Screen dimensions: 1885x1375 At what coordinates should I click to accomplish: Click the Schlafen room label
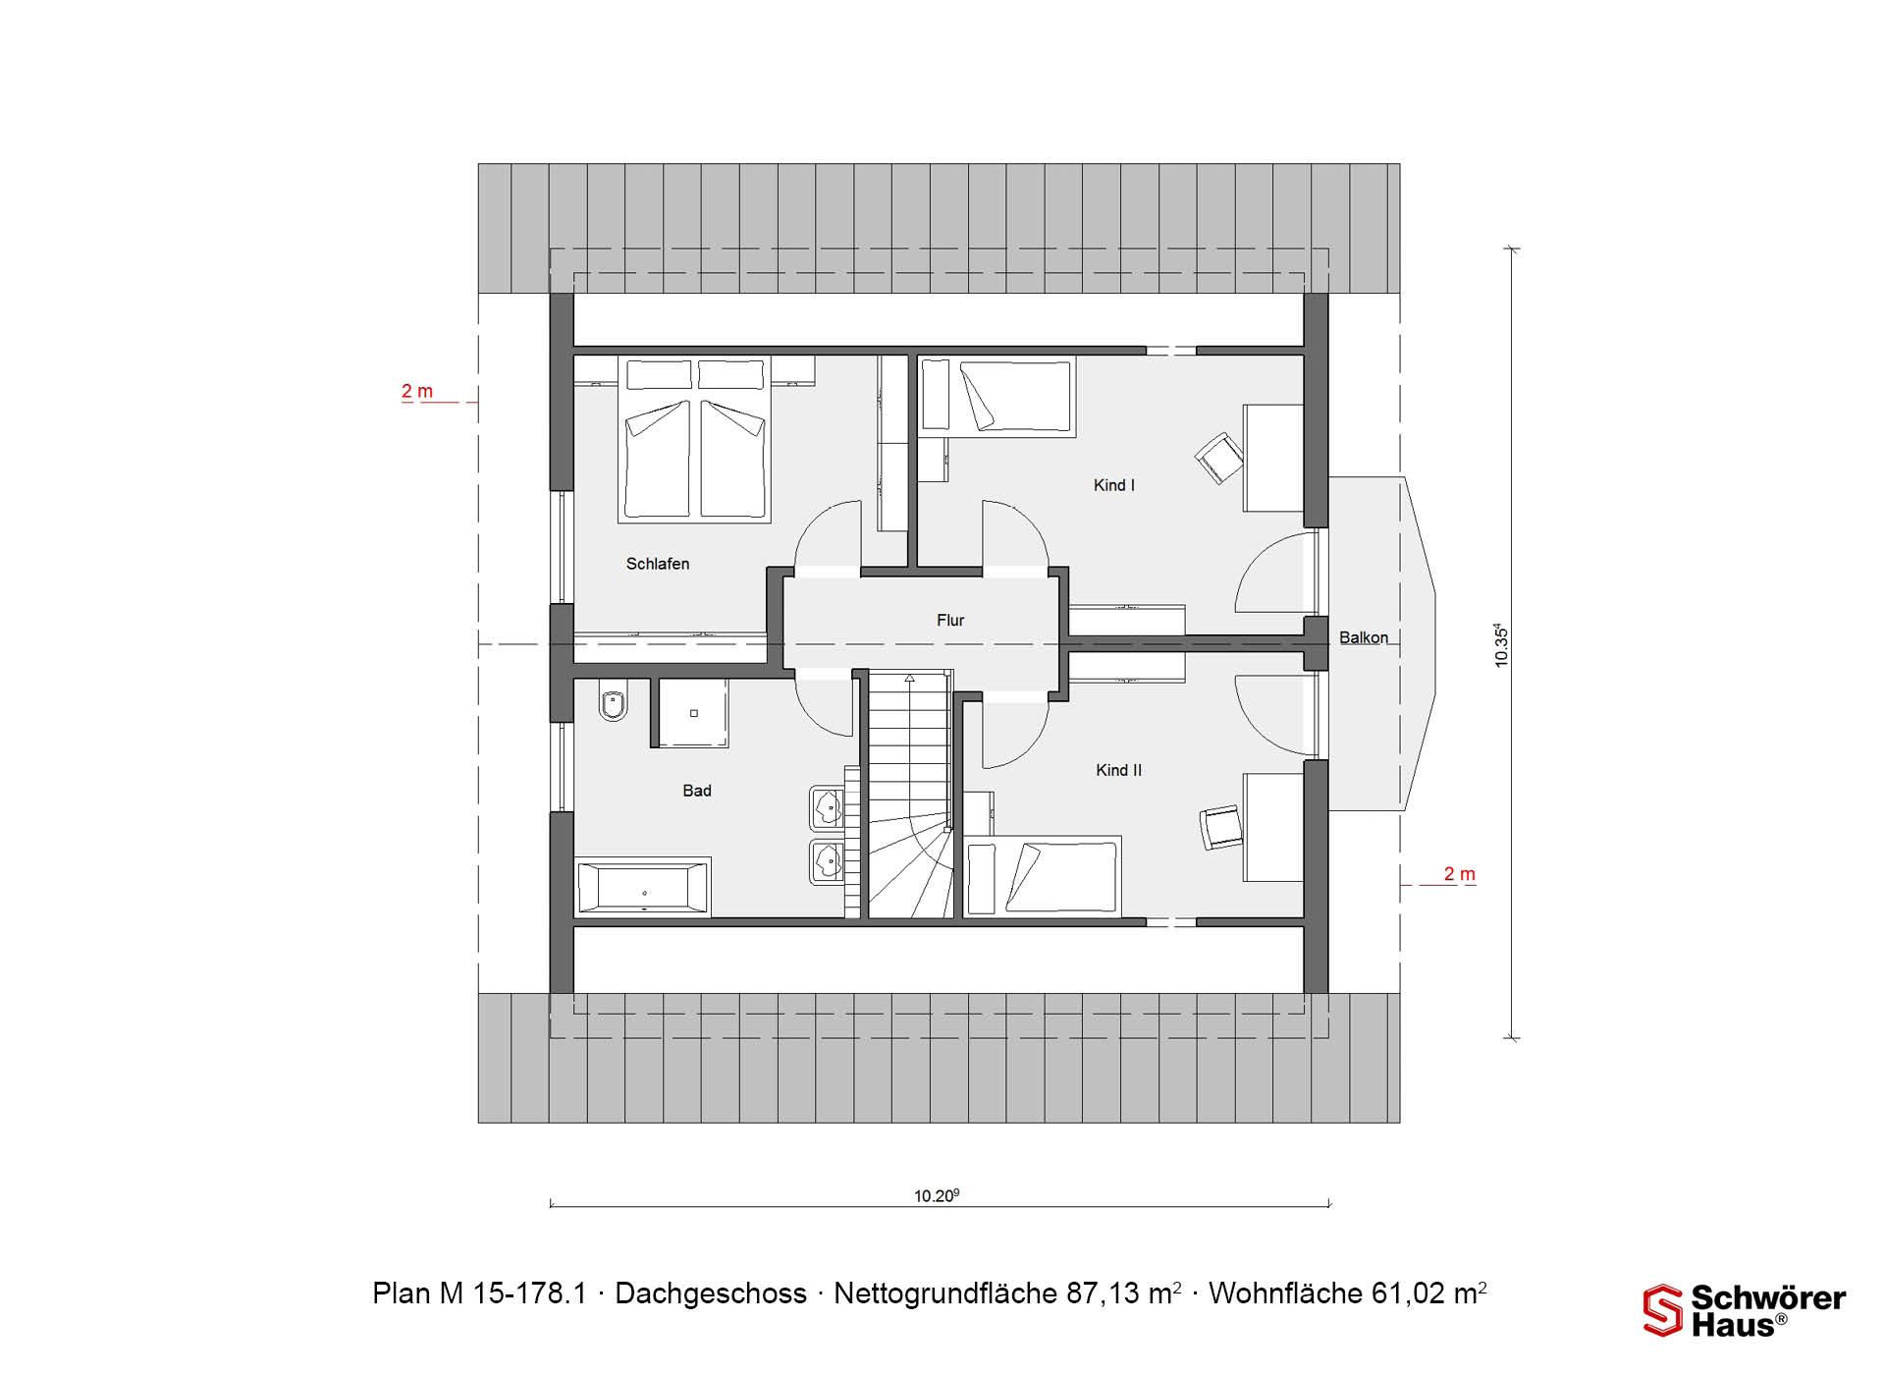click(x=658, y=564)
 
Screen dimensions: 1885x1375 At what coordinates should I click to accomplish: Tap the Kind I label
click(x=1114, y=485)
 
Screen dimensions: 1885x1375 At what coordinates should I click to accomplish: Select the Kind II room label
click(x=1119, y=771)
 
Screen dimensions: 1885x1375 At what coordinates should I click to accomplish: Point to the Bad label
click(x=697, y=791)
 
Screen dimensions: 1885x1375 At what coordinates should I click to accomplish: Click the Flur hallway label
click(x=950, y=621)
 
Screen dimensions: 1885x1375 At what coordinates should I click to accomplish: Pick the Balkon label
click(x=1364, y=638)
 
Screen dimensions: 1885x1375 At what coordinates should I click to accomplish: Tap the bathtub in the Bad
click(x=644, y=888)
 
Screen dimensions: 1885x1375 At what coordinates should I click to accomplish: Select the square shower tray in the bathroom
click(x=693, y=713)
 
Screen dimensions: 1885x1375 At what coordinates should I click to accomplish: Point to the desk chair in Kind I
click(x=1219, y=458)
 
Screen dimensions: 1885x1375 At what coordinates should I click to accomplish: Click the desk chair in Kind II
click(x=1220, y=828)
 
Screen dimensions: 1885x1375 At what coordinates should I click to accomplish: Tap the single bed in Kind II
click(x=1042, y=877)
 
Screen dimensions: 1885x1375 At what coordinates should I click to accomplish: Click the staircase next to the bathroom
click(x=910, y=795)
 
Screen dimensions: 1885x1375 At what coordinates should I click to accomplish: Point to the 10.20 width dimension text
click(x=937, y=1195)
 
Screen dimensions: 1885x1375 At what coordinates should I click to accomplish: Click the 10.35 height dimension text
click(x=1501, y=645)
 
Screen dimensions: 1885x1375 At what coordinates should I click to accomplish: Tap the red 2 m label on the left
click(x=417, y=391)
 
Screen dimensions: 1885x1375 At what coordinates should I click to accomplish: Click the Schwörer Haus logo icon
click(x=1663, y=1310)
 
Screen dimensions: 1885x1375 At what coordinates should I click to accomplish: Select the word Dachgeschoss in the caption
click(x=711, y=1293)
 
